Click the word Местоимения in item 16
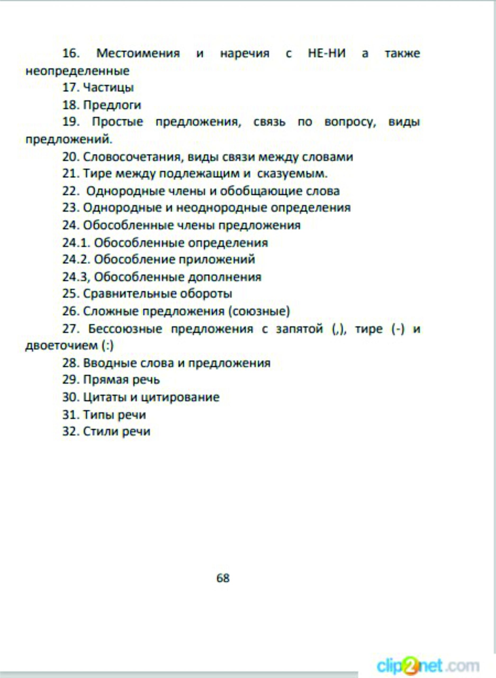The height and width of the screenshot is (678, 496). click(138, 53)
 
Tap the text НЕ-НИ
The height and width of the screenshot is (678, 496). click(327, 53)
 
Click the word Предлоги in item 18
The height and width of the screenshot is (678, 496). click(112, 105)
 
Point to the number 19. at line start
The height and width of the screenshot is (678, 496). click(71, 122)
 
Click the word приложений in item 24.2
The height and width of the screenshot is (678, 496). click(217, 259)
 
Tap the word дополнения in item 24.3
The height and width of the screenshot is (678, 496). click(225, 277)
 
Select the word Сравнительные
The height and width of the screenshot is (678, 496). click(129, 293)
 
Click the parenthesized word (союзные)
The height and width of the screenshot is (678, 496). click(259, 311)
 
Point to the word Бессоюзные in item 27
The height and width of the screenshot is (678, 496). click(125, 329)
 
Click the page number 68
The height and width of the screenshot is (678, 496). click(223, 578)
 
